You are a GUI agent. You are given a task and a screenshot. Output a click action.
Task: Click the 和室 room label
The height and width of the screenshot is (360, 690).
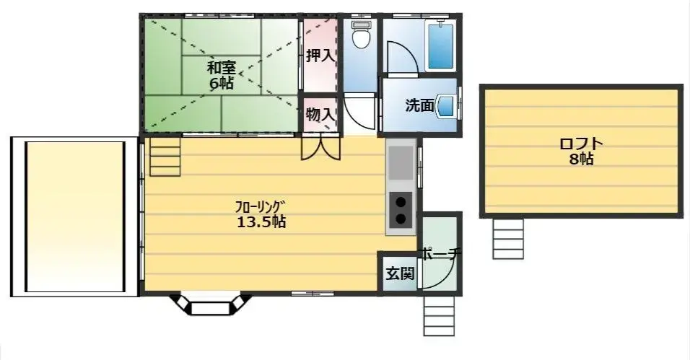pos(222,68)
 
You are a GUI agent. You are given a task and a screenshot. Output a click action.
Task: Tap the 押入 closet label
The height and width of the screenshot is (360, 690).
pos(319,56)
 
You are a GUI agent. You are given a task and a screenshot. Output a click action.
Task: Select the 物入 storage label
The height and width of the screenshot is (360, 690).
pos(319,114)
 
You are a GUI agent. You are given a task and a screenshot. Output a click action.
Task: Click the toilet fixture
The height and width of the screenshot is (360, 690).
pos(360,34)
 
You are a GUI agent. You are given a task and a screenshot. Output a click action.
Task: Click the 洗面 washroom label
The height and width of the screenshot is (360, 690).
pos(419,105)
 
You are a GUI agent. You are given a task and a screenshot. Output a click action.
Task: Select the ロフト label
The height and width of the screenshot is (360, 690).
pos(581,144)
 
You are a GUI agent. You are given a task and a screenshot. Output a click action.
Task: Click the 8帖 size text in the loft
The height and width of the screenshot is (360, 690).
pos(581,159)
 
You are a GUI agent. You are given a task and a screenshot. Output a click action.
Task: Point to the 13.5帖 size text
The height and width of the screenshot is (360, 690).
pos(261,222)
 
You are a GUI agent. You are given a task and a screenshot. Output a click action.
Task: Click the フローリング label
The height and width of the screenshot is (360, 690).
pos(261,206)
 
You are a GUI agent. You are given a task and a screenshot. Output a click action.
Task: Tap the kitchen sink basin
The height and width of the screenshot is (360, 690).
pos(400,163)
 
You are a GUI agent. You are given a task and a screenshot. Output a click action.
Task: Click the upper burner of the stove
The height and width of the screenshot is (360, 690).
pos(400,203)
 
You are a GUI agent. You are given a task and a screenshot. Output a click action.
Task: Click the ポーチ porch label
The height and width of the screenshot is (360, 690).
pos(440,255)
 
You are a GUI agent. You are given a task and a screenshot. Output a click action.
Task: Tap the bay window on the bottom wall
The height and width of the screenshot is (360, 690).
pos(209,304)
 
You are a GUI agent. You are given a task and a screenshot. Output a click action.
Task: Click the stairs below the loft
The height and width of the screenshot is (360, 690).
pos(508,238)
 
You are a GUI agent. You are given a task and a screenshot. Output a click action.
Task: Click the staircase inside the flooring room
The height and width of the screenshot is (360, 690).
pos(165,157)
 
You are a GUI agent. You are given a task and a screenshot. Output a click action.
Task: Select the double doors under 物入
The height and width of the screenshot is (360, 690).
pos(320,146)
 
